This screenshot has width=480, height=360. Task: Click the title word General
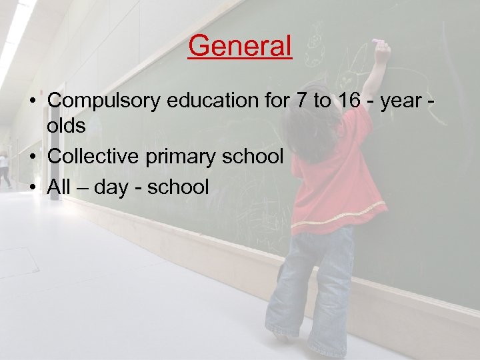tap(240, 46)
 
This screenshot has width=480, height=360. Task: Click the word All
tap(59, 186)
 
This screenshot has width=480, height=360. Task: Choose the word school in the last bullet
tap(178, 186)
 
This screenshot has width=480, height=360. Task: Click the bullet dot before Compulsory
tap(32, 101)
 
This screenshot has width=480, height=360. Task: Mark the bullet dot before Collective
tap(32, 157)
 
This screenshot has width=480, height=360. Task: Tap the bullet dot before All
tap(32, 187)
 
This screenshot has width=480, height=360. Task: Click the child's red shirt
tap(333, 173)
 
